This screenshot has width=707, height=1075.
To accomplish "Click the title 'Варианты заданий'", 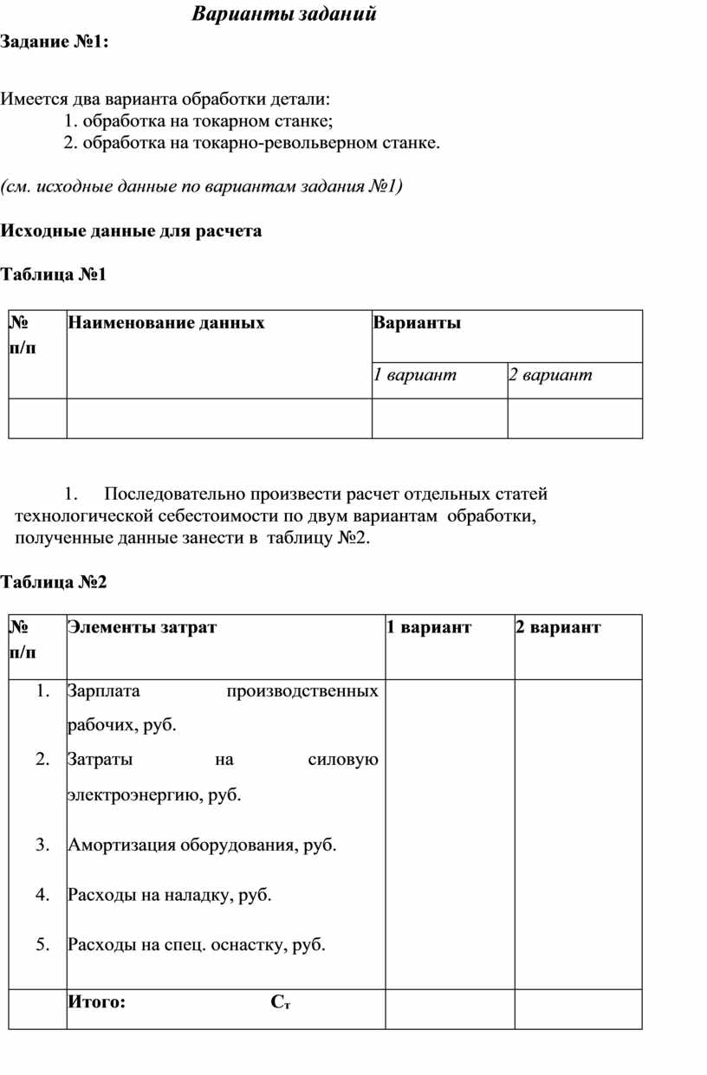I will pos(283,15).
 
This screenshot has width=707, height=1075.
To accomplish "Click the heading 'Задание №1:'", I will pos(55,42).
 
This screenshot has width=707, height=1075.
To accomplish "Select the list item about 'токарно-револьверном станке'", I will pos(252,143).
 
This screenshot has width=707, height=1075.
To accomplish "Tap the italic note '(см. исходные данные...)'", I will pos(201,186).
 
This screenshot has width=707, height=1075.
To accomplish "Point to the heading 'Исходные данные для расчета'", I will pos(131,231).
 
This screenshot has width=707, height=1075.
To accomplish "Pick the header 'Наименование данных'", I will pos(166,324).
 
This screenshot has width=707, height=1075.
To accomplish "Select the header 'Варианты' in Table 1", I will pos(418,324).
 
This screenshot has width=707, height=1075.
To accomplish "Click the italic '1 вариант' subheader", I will pos(415,375).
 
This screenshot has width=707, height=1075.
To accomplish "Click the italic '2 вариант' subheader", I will pos(551,375).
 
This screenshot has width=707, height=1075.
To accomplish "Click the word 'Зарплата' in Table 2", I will pos(104,691).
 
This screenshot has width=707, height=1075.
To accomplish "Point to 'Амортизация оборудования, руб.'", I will pos(202,845).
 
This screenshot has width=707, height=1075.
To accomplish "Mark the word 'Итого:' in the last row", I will pos(97,1003).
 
